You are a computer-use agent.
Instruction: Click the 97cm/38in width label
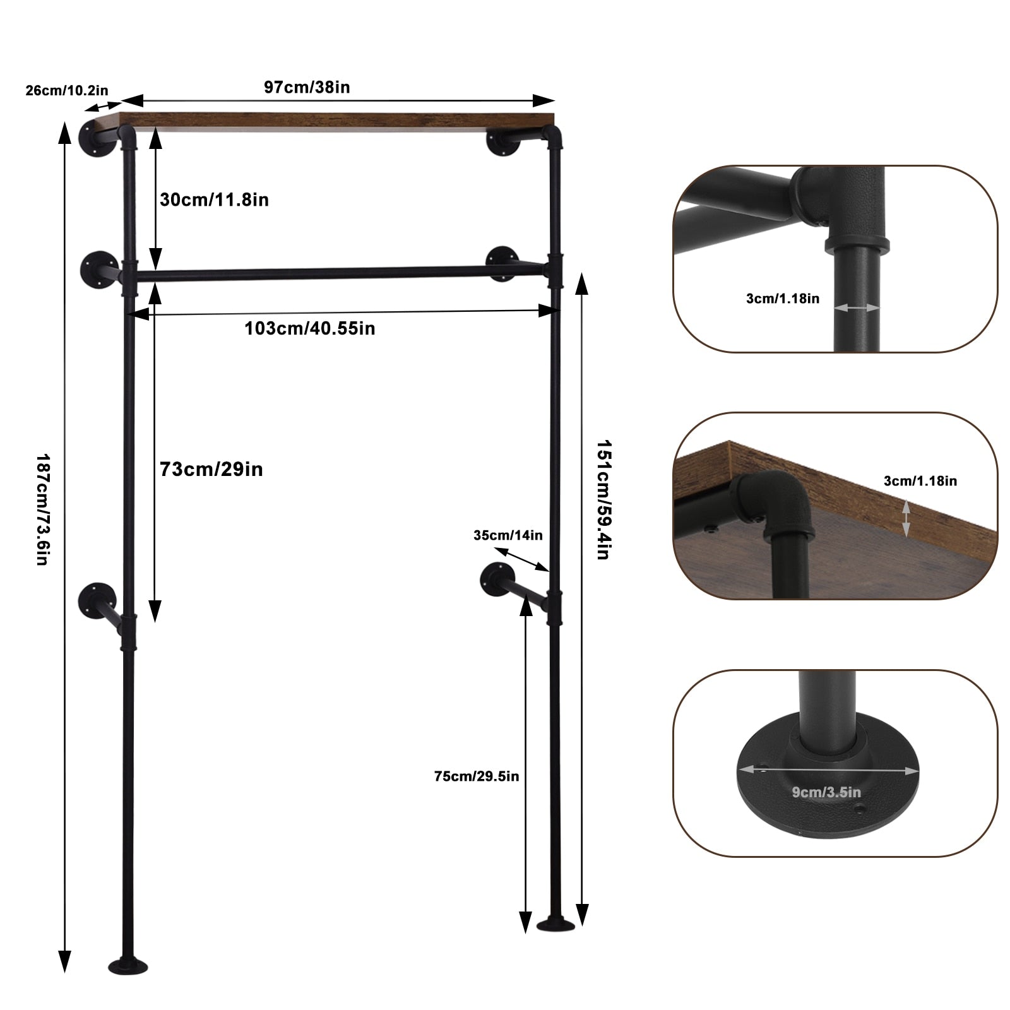tap(307, 87)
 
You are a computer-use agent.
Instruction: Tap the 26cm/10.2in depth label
tap(67, 90)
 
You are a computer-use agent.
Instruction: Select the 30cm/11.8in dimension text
tap(214, 199)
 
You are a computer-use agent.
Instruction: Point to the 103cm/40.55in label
tap(309, 328)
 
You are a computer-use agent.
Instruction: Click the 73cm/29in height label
tap(211, 469)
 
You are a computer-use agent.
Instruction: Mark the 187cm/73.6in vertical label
tap(42, 509)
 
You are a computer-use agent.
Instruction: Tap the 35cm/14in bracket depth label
tap(508, 535)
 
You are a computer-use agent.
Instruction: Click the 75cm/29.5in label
tap(477, 776)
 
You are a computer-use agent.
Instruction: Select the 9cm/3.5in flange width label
tap(826, 792)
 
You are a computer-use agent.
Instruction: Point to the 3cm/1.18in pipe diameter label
tap(783, 299)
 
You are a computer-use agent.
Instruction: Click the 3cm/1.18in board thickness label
tap(920, 481)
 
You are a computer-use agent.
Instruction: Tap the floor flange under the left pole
tap(128, 966)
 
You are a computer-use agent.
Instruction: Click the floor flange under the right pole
tap(556, 925)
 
